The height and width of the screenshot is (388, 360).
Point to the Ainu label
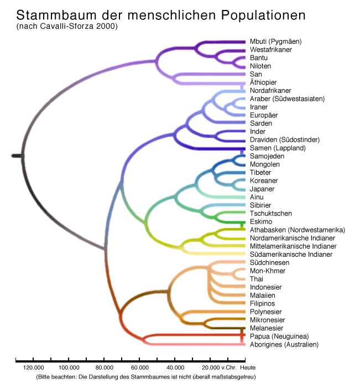(257, 197)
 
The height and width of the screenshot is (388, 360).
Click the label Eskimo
(260, 222)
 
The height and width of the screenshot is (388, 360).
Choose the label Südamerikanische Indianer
(291, 255)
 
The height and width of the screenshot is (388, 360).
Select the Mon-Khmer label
(268, 271)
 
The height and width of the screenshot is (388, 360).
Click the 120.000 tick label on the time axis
(33, 368)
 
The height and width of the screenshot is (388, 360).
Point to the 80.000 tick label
(104, 368)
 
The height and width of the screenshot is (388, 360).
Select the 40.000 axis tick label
(175, 368)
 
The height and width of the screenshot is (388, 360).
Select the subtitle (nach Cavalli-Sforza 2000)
(67, 26)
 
